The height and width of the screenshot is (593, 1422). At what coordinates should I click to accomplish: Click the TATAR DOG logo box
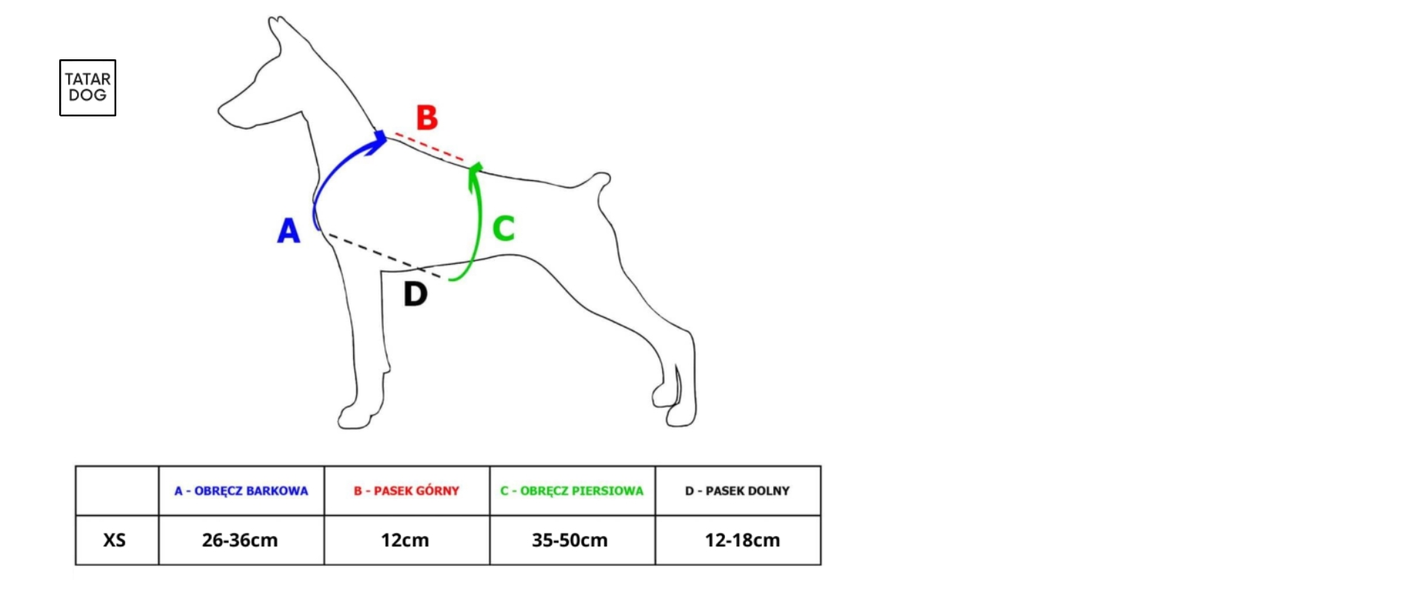pos(87,87)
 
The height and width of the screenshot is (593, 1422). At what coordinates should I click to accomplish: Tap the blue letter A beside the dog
pos(288,231)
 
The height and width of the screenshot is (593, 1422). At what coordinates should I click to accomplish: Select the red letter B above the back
pos(427,117)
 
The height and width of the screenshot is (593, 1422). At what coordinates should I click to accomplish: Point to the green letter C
pos(504,228)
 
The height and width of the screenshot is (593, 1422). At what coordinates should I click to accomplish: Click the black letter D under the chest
pos(415,294)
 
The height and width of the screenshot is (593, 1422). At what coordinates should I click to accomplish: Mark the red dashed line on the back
pos(430,147)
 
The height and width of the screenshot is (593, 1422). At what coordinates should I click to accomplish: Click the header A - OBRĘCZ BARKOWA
pos(241,491)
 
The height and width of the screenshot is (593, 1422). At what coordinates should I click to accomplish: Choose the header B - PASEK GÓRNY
pos(407,491)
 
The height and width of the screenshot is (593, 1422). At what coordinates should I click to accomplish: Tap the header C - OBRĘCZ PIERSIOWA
pos(572,491)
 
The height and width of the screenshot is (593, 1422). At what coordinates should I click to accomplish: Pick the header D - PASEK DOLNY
pos(738,491)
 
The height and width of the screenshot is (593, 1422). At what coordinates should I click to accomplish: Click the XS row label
pos(114,540)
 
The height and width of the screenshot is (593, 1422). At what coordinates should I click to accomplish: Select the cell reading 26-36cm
pos(240,540)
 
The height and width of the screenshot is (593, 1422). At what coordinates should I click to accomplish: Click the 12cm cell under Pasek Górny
pos(405,540)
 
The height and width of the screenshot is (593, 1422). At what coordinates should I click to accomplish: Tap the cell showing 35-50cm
pos(570,540)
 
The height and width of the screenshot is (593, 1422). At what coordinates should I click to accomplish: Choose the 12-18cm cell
pos(742,540)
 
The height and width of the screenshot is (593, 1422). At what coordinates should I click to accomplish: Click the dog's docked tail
pos(592,182)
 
